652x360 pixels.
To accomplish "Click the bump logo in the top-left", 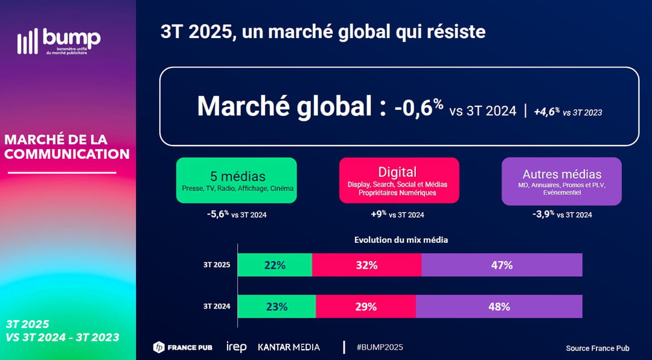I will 59,41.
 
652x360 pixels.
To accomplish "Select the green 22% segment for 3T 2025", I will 275,265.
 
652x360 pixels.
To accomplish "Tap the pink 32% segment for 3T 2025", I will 366,265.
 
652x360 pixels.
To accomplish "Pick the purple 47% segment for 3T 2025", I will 502,265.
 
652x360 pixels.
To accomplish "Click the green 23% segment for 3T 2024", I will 276,306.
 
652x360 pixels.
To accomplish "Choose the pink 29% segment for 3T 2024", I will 365,306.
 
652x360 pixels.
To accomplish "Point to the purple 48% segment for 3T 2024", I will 499,306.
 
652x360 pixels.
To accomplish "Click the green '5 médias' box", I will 237,180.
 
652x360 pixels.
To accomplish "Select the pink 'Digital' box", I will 399,180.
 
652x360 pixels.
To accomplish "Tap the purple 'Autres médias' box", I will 561,181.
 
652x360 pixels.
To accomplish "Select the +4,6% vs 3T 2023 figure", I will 567,112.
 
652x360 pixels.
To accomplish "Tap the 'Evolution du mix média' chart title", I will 401,240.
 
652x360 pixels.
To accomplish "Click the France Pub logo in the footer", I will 183,347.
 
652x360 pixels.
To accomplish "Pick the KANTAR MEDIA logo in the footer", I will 289,347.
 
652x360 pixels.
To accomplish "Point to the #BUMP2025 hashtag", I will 380,347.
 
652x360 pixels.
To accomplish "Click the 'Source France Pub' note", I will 597,349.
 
